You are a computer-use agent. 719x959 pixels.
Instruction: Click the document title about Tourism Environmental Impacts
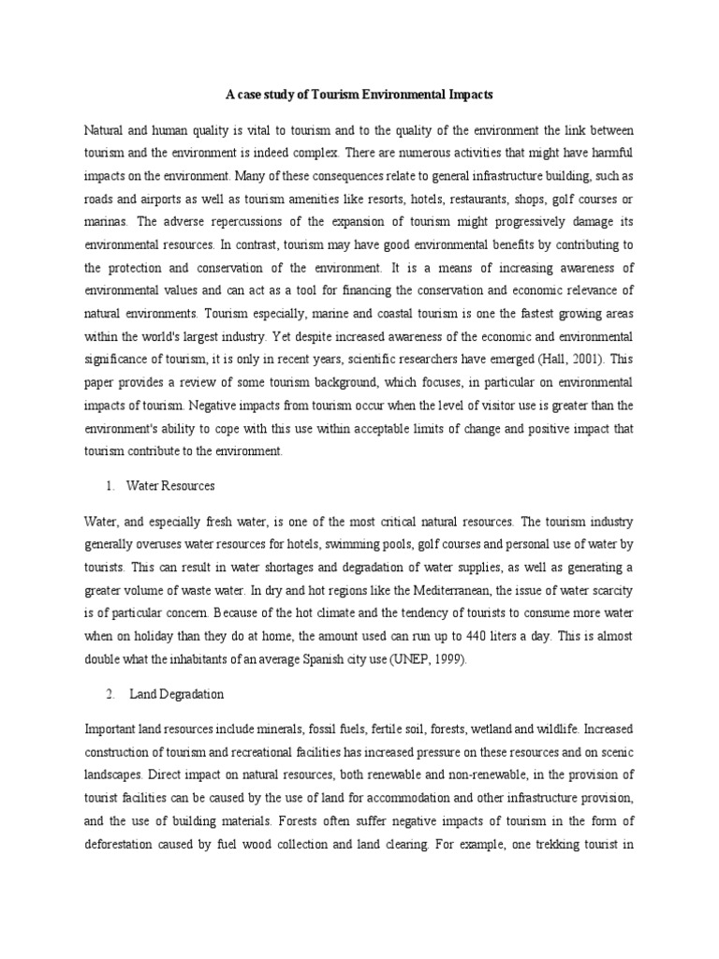pyautogui.click(x=359, y=95)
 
